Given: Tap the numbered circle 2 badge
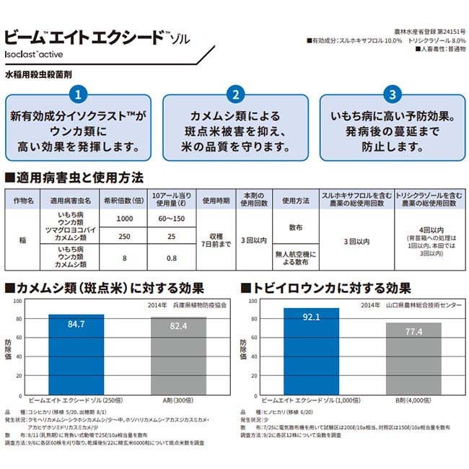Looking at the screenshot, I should [x=234, y=95].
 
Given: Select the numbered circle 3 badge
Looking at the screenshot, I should [x=390, y=95].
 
